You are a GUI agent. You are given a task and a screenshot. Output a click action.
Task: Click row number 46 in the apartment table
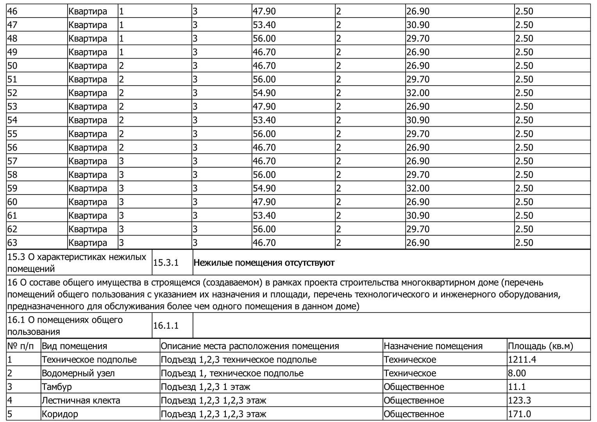pos(13,11)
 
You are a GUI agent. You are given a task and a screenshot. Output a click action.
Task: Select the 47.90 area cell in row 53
pos(264,107)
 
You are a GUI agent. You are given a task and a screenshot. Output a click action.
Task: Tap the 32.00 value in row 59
pos(418,188)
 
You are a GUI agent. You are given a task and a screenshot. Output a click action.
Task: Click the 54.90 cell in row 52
pos(264,93)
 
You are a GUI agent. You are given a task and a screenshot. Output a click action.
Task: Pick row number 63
pos(13,243)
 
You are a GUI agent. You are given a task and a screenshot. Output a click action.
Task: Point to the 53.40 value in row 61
pos(264,216)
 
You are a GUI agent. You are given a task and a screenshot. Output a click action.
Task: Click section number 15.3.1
pos(166,263)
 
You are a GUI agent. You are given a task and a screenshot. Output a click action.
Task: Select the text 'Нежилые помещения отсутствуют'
pos(264,263)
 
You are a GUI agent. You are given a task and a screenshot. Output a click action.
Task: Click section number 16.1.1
pos(166,325)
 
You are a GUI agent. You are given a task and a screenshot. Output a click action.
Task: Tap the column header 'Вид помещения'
pos(74,346)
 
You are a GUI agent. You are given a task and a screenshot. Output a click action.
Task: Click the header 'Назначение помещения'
pos(433,346)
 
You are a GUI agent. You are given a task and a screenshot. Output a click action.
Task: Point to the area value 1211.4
pos(522,360)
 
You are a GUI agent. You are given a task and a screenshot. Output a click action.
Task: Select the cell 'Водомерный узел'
pos(78,374)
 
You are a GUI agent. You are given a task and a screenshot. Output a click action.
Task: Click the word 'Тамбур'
pos(57,387)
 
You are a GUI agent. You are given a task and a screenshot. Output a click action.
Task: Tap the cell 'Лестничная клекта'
pos(81,401)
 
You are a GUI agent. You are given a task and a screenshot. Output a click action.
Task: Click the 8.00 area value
pos(517,374)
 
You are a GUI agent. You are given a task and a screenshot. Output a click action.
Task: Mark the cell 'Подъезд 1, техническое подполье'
pos(232,374)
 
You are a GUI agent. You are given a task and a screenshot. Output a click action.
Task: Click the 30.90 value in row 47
pos(418,25)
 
